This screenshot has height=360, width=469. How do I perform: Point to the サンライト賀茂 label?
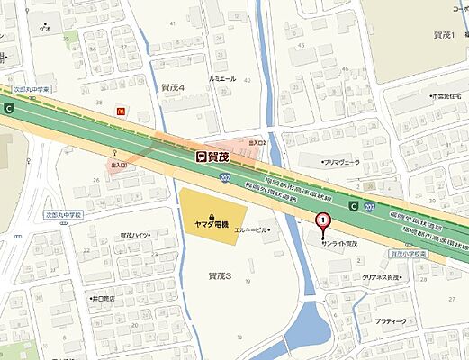(340, 243)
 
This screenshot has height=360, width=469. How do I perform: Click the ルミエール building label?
(222, 79)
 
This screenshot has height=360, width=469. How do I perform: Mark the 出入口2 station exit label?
(257, 143)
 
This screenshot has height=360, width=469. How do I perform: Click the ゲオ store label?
(45, 29)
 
